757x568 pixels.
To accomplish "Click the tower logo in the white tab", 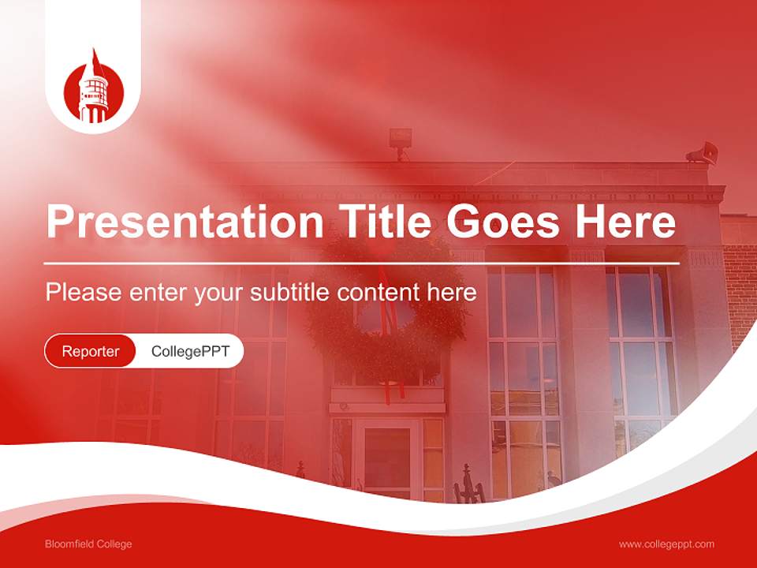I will [x=93, y=88].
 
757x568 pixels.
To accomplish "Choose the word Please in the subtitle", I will [x=83, y=293].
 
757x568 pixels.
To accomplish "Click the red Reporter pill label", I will [x=90, y=351].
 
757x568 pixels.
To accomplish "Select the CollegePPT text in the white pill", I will [x=190, y=351].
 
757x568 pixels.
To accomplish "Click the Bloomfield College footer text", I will [x=88, y=544].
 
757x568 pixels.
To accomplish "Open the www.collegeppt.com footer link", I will [x=666, y=544].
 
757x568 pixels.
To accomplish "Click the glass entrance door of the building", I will [x=386, y=458].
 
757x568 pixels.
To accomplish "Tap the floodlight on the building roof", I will [x=401, y=140].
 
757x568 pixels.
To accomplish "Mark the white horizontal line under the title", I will [x=363, y=263].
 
